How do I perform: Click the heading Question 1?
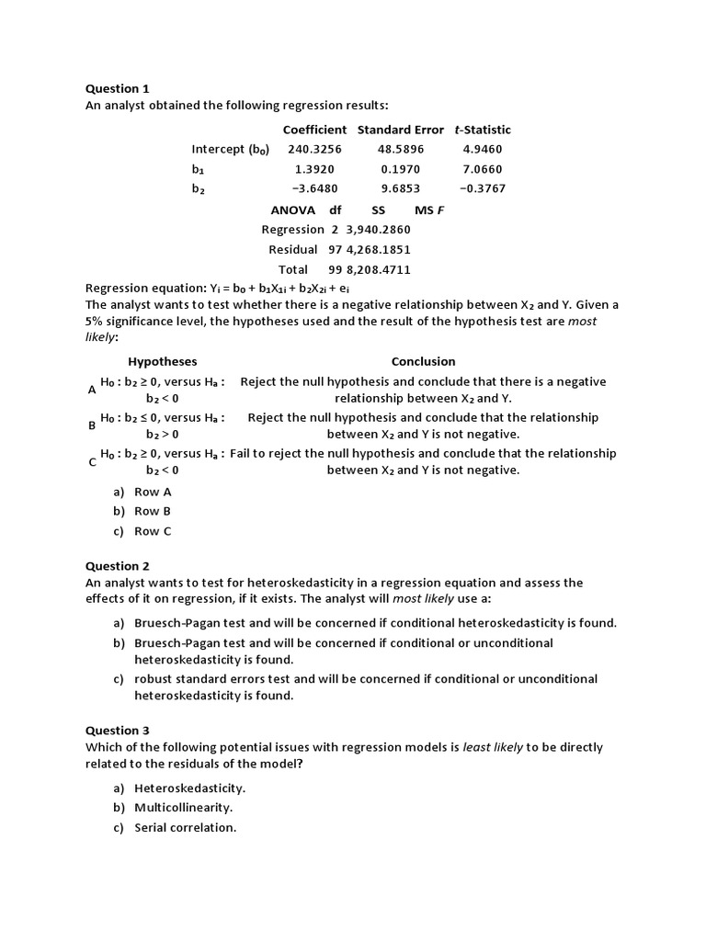(x=117, y=89)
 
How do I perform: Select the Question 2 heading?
(x=117, y=566)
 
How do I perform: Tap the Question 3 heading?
(x=117, y=731)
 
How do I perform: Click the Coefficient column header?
(x=314, y=130)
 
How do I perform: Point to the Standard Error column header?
(x=400, y=130)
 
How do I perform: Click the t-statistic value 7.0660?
(x=483, y=169)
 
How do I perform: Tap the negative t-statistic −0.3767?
(x=483, y=188)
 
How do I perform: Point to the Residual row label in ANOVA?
(x=292, y=249)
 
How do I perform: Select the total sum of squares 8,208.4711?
(x=378, y=269)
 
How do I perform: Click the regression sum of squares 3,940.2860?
(x=378, y=230)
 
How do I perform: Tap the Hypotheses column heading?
(x=162, y=361)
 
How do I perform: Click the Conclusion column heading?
(x=423, y=361)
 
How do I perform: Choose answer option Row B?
(x=153, y=511)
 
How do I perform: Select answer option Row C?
(x=153, y=531)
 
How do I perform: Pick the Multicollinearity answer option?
(x=183, y=808)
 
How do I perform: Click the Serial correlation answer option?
(x=185, y=827)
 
